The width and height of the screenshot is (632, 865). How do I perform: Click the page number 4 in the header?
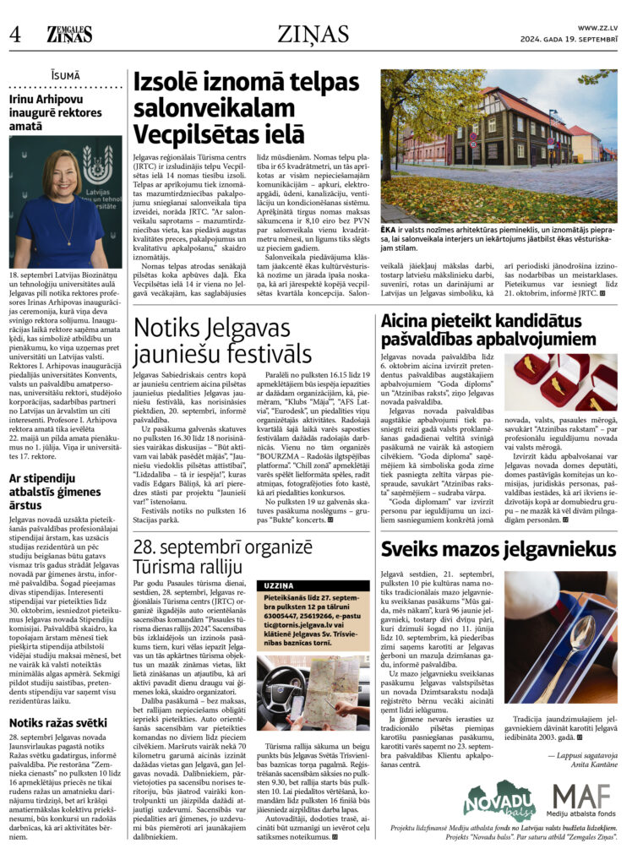point(15,34)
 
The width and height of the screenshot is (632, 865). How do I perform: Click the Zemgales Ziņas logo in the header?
point(69,33)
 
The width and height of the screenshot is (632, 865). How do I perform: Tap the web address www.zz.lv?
point(598,28)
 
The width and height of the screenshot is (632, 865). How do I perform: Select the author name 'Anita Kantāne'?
point(596,762)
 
